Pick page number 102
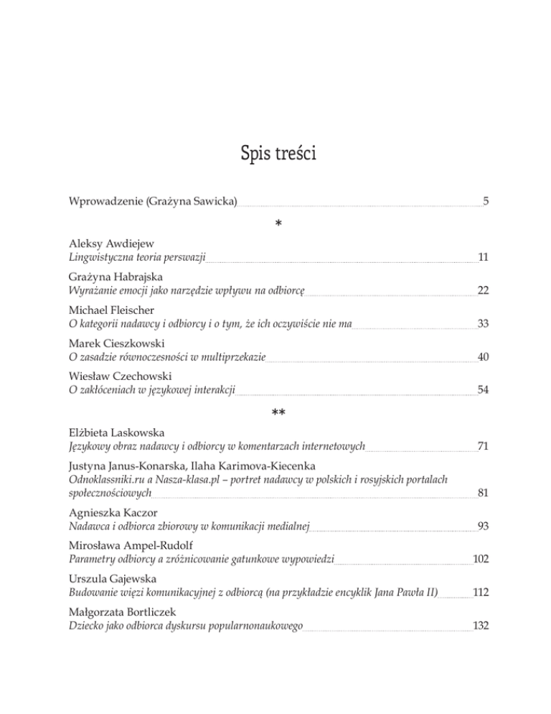tap(481, 558)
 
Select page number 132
tap(481, 626)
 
